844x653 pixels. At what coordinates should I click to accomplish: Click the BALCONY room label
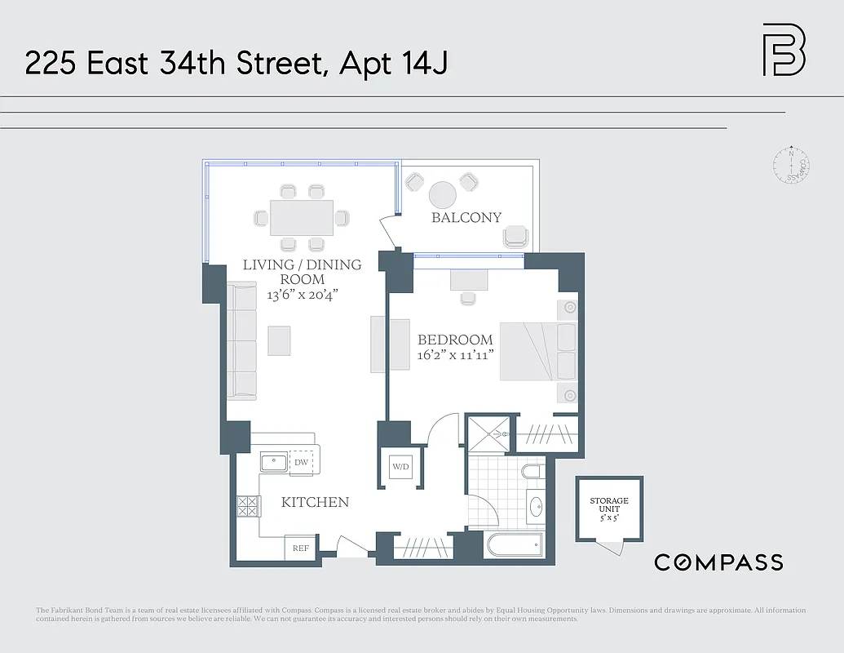tap(466, 218)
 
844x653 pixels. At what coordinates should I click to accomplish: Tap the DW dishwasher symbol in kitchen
tap(301, 462)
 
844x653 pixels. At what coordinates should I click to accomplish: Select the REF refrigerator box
tap(300, 549)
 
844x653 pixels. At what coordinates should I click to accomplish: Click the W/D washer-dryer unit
tap(401, 468)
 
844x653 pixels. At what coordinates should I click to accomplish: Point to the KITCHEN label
tap(315, 503)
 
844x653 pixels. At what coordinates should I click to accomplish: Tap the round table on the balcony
tap(443, 196)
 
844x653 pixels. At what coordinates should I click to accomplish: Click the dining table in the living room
tap(301, 218)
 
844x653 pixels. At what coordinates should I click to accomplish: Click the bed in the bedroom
tap(537, 351)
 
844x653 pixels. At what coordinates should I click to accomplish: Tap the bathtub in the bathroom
tap(513, 545)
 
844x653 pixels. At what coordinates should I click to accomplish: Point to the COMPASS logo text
tap(718, 562)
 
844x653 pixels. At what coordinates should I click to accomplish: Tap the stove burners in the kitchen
tap(248, 506)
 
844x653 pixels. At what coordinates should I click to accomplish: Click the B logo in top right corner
tap(784, 51)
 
